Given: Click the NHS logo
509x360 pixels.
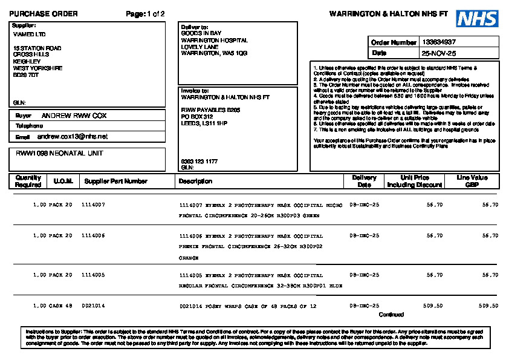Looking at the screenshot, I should [x=477, y=19].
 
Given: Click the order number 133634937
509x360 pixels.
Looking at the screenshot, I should [x=439, y=42].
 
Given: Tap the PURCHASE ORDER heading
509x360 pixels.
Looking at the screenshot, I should [x=44, y=14].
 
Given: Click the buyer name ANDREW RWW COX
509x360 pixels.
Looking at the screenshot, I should [x=74, y=115].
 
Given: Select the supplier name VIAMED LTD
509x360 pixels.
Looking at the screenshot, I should [x=29, y=34].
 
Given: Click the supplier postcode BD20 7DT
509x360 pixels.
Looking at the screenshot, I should [x=26, y=75].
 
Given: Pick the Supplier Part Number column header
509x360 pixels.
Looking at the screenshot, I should [x=115, y=181].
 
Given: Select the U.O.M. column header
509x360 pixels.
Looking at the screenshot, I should [x=62, y=181].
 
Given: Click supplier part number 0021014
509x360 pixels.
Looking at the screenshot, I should [x=93, y=306].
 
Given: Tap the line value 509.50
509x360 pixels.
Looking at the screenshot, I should [x=488, y=306].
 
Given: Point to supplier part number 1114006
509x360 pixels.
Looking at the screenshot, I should [x=93, y=235].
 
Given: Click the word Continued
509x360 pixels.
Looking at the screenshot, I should [x=391, y=315].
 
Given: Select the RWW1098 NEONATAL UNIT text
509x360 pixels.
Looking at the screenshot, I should [x=59, y=154].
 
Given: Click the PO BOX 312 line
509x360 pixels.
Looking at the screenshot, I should [x=197, y=116].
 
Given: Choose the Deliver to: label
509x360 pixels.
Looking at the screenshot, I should [x=195, y=27].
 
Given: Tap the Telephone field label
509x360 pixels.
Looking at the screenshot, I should [x=29, y=126].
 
